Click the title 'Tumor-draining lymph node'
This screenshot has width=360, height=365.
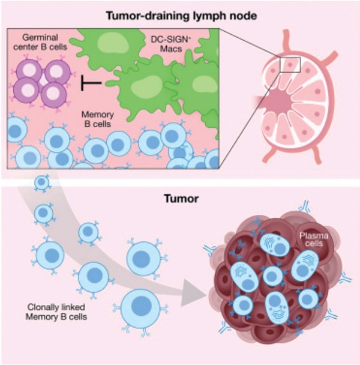tap(182, 16)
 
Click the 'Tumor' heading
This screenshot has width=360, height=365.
tap(181, 199)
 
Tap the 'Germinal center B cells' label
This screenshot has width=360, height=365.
tap(40, 42)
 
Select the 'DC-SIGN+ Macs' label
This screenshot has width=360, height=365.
tap(171, 44)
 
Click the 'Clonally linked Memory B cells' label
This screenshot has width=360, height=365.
tap(56, 312)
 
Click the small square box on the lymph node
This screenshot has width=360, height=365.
tap(290, 65)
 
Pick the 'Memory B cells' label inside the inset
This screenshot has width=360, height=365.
tap(98, 119)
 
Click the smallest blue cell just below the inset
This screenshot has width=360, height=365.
tap(42, 182)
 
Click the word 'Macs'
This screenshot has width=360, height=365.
tap(171, 49)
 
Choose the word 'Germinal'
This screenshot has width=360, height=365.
tap(40, 38)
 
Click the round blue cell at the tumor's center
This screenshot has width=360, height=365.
tap(273, 276)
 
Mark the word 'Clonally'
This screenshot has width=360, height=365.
tap(43, 307)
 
